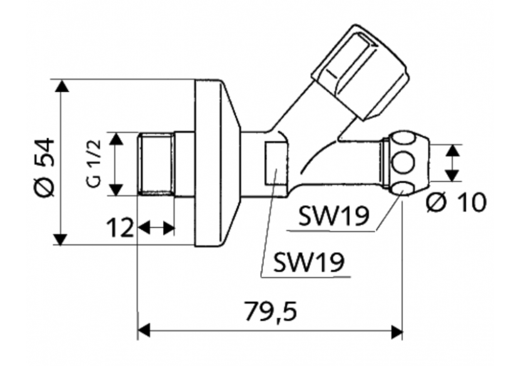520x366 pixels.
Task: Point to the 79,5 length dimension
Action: point(271,310)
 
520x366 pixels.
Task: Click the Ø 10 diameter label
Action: point(455,202)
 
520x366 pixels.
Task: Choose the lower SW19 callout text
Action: point(309,263)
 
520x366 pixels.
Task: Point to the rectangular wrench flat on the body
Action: point(275,164)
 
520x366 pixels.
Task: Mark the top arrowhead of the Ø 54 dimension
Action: point(61,86)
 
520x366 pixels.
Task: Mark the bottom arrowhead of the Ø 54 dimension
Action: point(61,239)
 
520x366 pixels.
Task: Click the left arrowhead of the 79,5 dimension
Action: point(143,330)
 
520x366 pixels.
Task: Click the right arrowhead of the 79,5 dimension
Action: point(396,330)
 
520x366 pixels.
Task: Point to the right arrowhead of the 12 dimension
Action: point(169,227)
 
